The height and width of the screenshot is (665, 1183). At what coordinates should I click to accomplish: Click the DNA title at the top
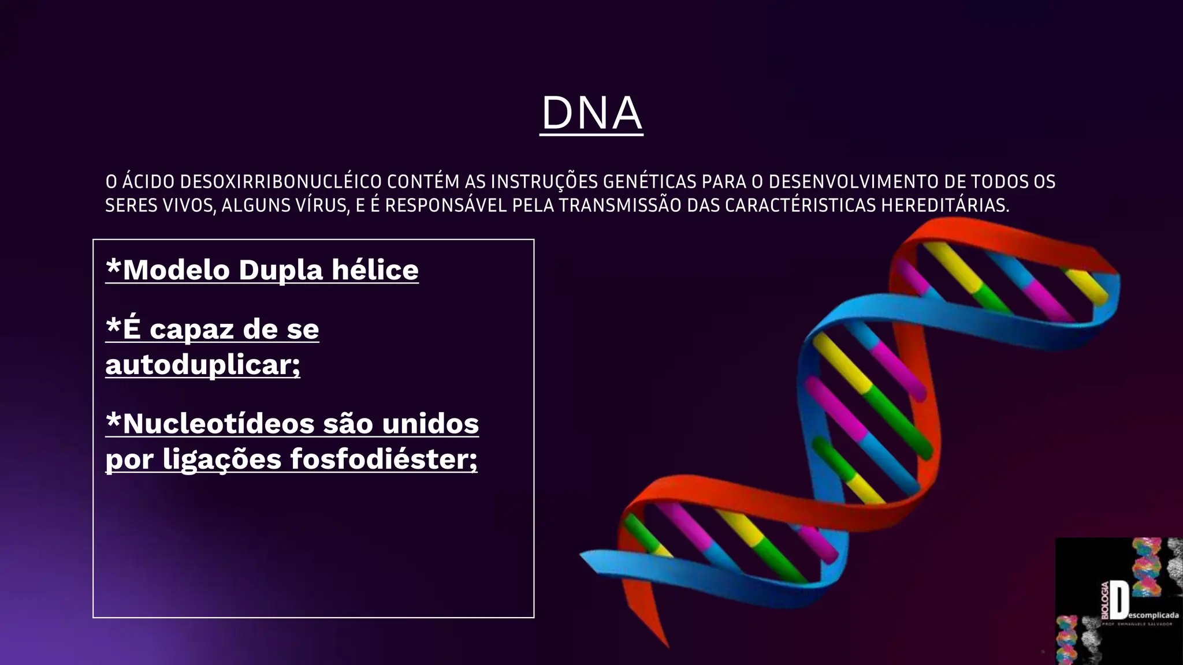coord(591,113)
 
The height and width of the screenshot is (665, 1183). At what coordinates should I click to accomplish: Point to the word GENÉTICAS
coord(649,182)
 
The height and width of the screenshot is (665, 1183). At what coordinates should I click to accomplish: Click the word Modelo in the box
coord(176,270)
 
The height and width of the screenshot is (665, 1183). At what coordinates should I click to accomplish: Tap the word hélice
coord(375,270)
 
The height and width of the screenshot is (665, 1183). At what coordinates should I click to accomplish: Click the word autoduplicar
coord(202,365)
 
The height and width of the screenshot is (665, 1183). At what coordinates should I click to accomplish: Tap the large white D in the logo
coord(1119,600)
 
